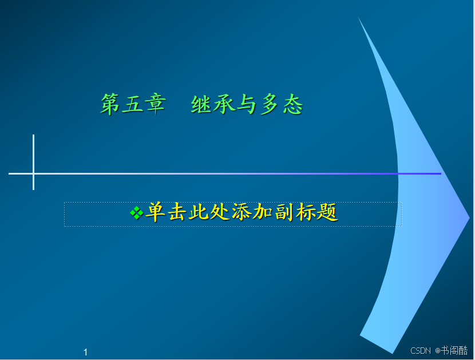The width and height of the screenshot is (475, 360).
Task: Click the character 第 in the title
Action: pos(110,104)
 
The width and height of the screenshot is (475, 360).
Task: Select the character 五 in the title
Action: pos(132,104)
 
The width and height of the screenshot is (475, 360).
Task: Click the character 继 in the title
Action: pos(201,104)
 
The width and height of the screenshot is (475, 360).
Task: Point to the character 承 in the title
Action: pos(224,104)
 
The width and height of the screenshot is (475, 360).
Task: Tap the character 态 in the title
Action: pos(292,104)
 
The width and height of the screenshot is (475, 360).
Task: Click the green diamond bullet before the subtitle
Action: pos(137,213)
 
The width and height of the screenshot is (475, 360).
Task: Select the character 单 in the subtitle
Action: pos(155,212)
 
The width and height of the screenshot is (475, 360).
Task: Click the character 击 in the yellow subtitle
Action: pos(177,212)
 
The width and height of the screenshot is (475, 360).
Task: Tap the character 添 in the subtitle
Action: pos(241,212)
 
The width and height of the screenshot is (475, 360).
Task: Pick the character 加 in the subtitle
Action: pos(263,212)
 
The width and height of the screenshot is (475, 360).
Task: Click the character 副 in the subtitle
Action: pos(284,212)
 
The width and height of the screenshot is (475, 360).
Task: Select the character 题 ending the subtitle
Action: pos(327,212)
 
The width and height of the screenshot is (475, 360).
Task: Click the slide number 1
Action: pos(86,352)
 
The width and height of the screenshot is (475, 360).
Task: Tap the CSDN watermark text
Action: pos(421,351)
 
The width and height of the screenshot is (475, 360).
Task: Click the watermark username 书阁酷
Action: pos(454,350)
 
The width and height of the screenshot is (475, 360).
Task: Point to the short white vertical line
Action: pos(33,162)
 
